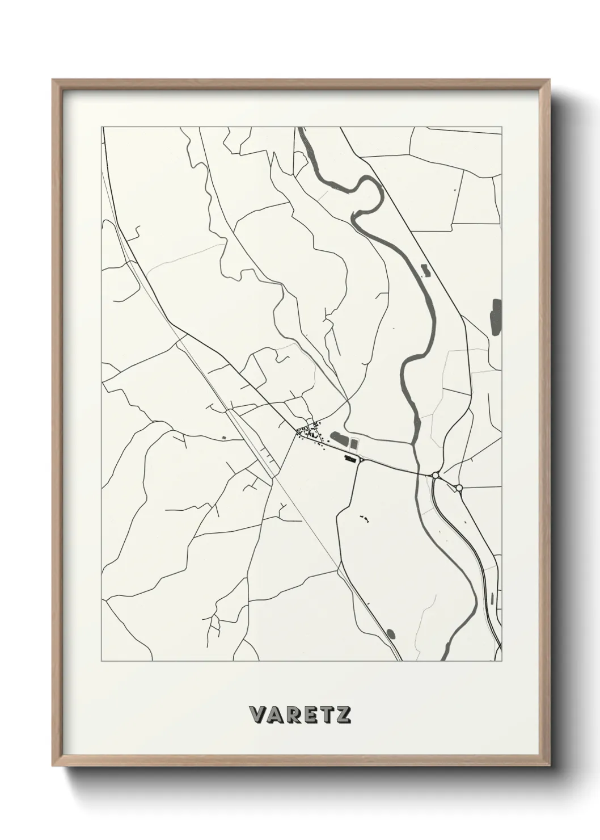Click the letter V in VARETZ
(257, 715)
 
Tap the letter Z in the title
(343, 715)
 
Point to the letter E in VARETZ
(310, 715)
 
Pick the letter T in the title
(326, 715)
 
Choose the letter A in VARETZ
(275, 715)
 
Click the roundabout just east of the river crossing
(435, 475)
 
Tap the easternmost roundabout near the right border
(459, 488)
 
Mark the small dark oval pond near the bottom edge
(390, 633)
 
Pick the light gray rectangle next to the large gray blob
(355, 443)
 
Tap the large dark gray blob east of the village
(339, 439)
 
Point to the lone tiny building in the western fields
(223, 437)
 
